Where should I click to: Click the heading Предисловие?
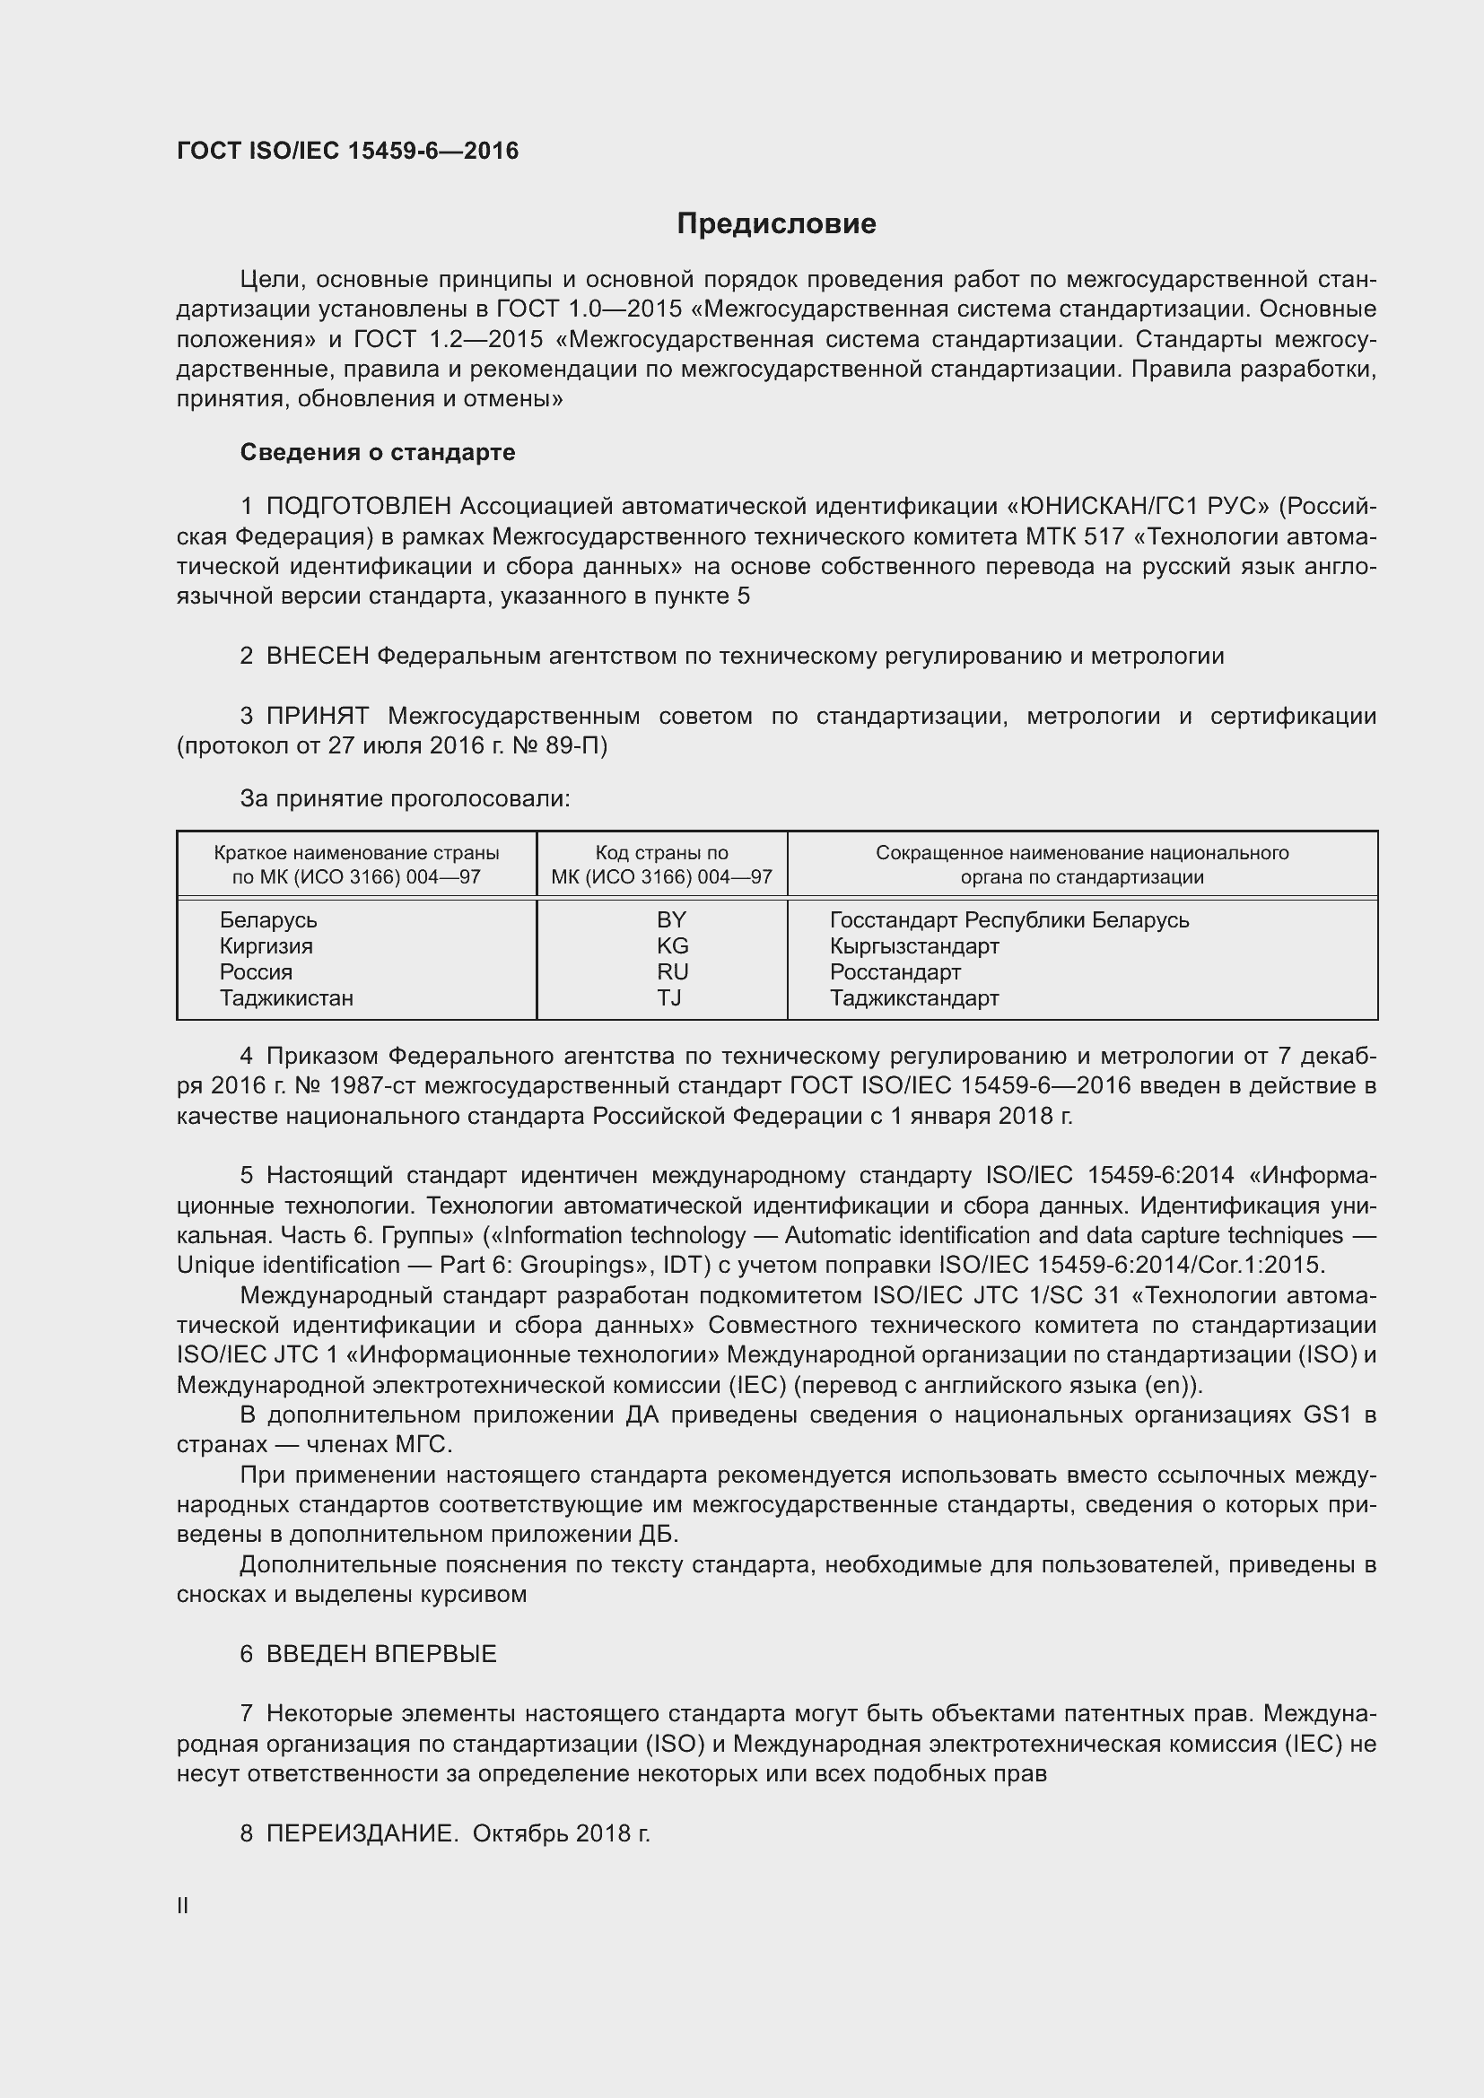pos(776,224)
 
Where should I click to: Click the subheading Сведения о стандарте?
pos(378,452)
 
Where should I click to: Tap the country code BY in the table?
pos(671,920)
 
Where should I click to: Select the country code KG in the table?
pos(672,945)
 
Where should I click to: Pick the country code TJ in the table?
pos(669,997)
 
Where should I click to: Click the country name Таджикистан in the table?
pos(286,997)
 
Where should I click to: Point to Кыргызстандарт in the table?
pos(913,945)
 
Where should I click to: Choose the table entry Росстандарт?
pos(895,972)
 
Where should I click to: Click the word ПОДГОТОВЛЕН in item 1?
pos(358,506)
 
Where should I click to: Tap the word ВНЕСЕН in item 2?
pos(317,656)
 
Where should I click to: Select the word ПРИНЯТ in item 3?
pos(317,717)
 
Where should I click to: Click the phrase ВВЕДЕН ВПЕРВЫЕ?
pos(381,1654)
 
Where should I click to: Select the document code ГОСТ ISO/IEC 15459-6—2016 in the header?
pos(347,151)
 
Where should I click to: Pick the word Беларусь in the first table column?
pos(267,920)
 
